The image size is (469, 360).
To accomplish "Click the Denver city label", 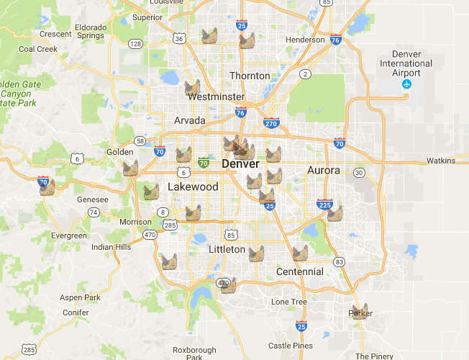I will point(240,165).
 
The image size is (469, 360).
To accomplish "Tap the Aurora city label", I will point(323,171).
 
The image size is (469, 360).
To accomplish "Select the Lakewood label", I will point(192,187).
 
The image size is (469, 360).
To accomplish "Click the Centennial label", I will point(300,271).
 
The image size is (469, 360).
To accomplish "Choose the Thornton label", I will point(250,76).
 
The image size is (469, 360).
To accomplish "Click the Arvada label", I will point(190,120).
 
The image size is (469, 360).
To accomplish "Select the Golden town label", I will point(120,152).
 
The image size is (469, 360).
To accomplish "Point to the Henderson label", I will point(305,40).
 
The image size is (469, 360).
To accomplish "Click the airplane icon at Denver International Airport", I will point(407,85).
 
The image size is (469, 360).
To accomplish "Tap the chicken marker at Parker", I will point(358,311).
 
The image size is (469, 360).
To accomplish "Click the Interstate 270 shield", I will point(271,123).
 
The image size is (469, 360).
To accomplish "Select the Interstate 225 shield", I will point(324,205).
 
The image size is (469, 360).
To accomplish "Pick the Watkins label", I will point(442,161).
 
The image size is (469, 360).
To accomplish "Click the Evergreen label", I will point(69,235).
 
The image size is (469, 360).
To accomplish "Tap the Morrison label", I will point(135,222).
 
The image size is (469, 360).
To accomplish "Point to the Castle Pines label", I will point(290,346).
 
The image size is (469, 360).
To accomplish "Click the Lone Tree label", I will point(289,302).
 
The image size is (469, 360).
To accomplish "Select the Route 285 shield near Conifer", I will point(28,350).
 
